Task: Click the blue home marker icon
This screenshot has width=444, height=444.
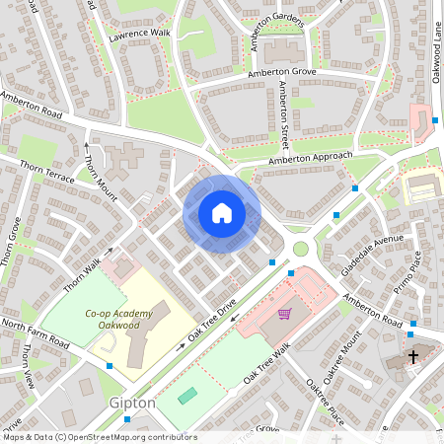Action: pyautogui.click(x=222, y=213)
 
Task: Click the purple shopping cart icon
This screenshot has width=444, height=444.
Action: pyautogui.click(x=284, y=315)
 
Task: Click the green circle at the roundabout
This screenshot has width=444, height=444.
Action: pyautogui.click(x=299, y=249)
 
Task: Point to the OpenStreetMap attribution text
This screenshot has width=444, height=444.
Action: pyautogui.click(x=100, y=437)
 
